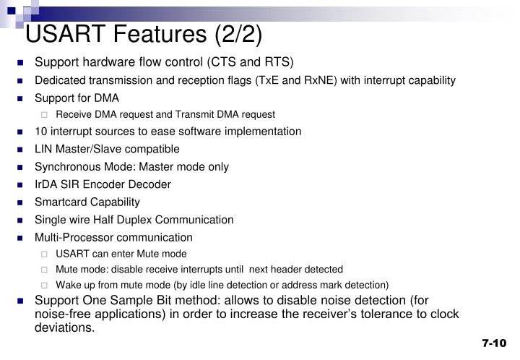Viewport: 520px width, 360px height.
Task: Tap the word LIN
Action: (44, 149)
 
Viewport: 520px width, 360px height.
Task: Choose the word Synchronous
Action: (66, 167)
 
